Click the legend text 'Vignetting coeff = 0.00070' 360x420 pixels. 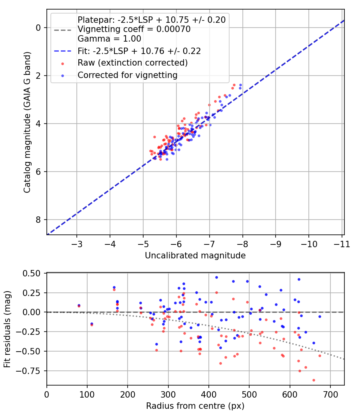pyautogui.click(x=134, y=29)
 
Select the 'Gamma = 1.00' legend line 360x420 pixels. pyautogui.click(x=109, y=39)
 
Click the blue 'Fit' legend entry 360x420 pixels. pyautogui.click(x=139, y=51)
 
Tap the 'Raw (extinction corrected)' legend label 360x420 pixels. pyautogui.click(x=132, y=63)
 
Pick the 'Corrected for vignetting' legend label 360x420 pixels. pyautogui.click(x=127, y=75)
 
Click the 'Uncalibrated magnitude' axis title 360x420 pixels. pyautogui.click(x=195, y=255)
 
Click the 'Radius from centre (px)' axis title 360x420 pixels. pyautogui.click(x=195, y=406)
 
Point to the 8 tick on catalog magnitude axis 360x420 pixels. pyautogui.click(x=38, y=220)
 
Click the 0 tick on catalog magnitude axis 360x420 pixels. pyautogui.click(x=38, y=28)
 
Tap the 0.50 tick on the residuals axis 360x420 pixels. pyautogui.click(x=32, y=273)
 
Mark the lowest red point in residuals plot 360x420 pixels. pyautogui.click(x=314, y=380)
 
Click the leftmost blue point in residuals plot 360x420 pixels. pyautogui.click(x=79, y=306)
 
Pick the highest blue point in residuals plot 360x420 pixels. pyautogui.click(x=216, y=277)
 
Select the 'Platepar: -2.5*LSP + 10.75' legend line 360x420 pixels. pyautogui.click(x=151, y=20)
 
